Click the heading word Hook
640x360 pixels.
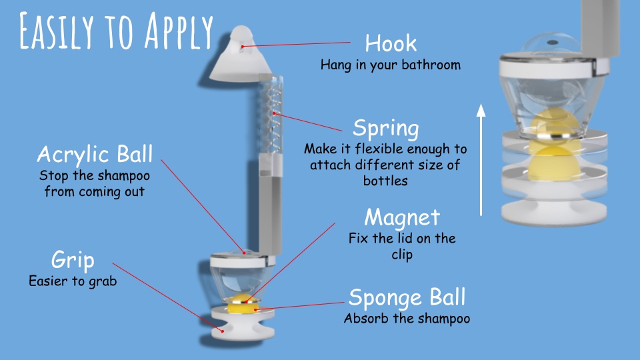click(x=391, y=43)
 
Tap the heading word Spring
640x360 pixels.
click(x=386, y=129)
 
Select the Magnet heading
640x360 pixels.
click(x=402, y=217)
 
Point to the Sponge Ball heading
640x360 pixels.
click(x=407, y=297)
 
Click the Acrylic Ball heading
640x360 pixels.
click(x=95, y=154)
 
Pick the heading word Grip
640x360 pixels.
click(x=73, y=261)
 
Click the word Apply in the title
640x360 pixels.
click(x=179, y=31)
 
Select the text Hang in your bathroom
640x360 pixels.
click(x=391, y=65)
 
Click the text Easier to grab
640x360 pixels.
click(x=73, y=281)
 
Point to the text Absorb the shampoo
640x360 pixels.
click(x=407, y=319)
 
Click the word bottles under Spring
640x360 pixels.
click(x=386, y=181)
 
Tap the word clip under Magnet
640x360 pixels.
click(x=402, y=255)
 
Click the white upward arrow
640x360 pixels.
click(x=481, y=159)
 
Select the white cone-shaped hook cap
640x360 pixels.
click(x=241, y=55)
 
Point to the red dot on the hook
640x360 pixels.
click(x=243, y=47)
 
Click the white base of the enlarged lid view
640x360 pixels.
click(x=554, y=211)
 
